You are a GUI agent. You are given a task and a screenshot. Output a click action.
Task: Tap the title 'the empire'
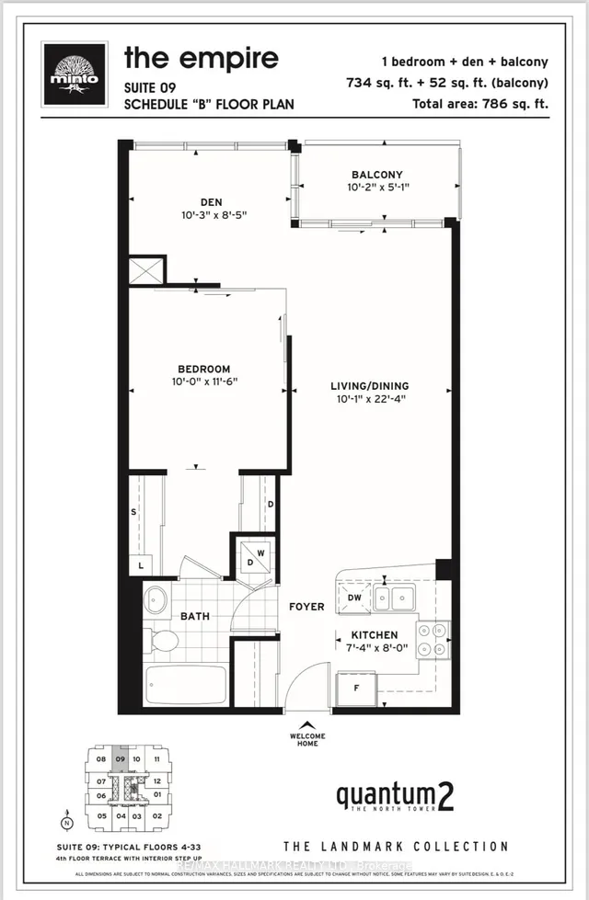click(x=201, y=59)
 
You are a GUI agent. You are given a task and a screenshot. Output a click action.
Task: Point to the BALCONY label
click(x=377, y=175)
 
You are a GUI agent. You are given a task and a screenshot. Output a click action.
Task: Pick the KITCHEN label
click(x=374, y=635)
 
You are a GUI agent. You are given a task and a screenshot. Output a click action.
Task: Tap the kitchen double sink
click(x=392, y=598)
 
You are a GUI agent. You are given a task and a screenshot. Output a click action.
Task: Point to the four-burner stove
click(x=431, y=639)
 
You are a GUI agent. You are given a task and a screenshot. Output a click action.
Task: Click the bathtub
click(x=185, y=686)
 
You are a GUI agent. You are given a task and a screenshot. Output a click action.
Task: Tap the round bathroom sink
click(x=156, y=601)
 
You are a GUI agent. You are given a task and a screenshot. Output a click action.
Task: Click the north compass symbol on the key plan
click(x=65, y=824)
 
